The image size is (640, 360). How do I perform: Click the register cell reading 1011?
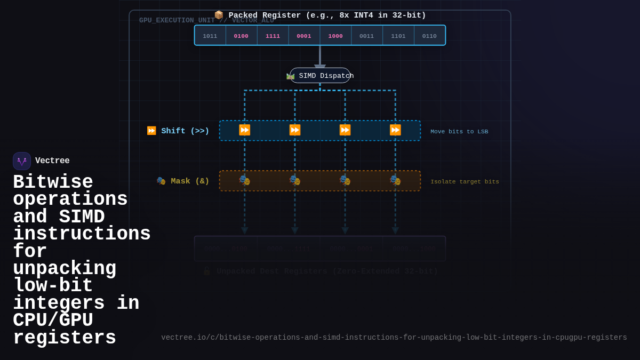click(210, 36)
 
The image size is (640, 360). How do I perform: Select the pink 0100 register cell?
click(241, 36)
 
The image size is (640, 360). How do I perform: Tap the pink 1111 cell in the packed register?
click(273, 36)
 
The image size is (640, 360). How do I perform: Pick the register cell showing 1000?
click(335, 36)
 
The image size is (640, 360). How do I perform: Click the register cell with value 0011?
click(366, 36)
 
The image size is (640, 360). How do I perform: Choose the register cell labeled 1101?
click(398, 36)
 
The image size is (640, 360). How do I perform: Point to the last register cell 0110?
click(429, 36)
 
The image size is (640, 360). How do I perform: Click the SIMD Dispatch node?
click(320, 76)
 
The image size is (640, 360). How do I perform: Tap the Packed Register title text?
click(326, 15)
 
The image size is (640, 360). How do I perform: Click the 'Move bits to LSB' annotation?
click(459, 132)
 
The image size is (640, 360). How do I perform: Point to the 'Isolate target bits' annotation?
click(465, 182)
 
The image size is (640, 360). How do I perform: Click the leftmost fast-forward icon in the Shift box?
click(245, 130)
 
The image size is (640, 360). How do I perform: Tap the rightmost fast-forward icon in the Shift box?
click(395, 130)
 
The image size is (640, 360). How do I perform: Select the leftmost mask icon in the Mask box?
click(245, 180)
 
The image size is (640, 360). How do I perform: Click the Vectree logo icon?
click(22, 161)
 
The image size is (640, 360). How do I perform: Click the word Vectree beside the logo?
click(52, 161)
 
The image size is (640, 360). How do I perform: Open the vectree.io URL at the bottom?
click(394, 338)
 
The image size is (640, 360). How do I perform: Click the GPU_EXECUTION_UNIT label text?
click(176, 21)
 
